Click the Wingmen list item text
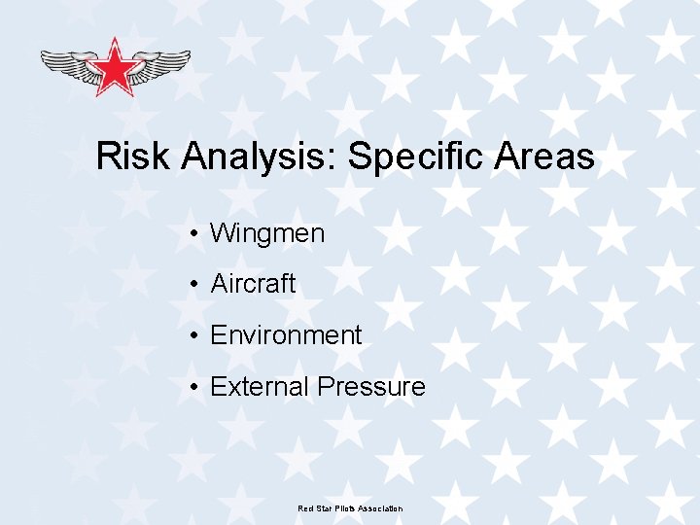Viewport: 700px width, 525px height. click(x=267, y=233)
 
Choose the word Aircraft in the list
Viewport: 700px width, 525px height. click(x=253, y=284)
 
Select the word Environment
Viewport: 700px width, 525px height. click(x=286, y=335)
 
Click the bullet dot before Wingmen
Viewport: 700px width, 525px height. click(x=195, y=234)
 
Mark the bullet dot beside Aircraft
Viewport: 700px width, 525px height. click(x=195, y=285)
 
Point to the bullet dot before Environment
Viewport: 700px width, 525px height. click(x=195, y=336)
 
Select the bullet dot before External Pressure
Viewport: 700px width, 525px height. click(x=195, y=388)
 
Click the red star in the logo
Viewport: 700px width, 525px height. click(x=116, y=68)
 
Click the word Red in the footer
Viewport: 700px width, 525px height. click(x=304, y=508)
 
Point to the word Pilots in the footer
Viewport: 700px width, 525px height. click(x=344, y=508)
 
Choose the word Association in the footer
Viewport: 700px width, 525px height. click(x=380, y=508)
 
